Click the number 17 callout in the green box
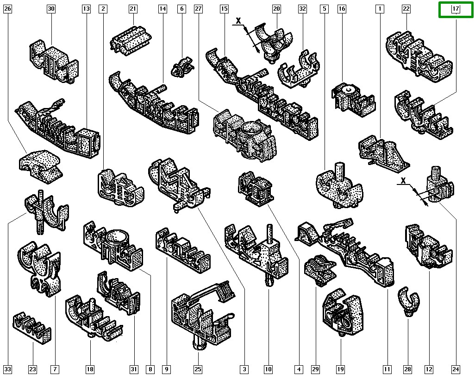456,9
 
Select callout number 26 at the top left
7,9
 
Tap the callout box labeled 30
51,9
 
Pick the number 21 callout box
133,9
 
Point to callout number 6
182,9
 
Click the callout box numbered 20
276,9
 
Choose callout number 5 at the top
324,9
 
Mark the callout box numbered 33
7,369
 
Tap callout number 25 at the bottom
198,369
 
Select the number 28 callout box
407,369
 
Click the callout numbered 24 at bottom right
456,369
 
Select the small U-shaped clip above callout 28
408,301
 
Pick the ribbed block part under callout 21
131,41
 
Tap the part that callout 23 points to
32,327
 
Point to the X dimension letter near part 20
239,21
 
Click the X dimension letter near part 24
403,181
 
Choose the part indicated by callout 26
39,166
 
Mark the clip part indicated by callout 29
320,269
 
